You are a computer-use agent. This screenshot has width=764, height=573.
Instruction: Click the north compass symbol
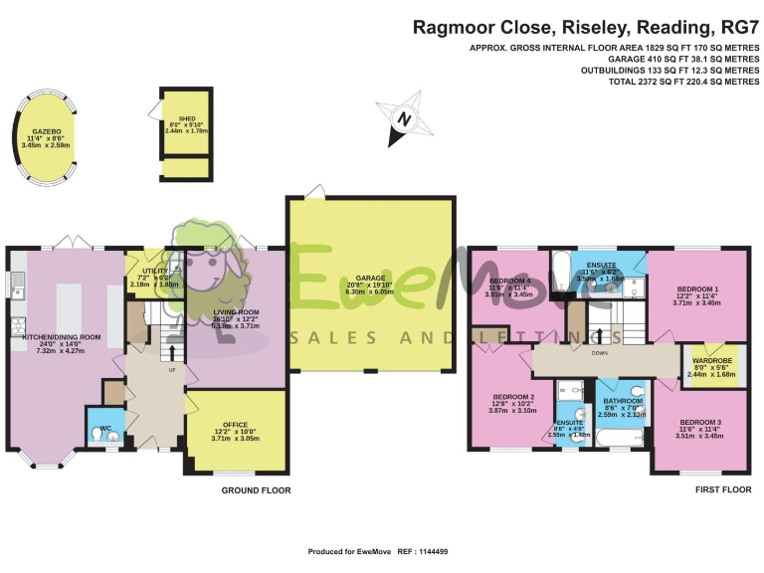403,118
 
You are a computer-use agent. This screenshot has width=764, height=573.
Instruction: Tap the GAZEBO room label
47,130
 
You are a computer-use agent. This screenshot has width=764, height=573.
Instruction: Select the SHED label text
186,117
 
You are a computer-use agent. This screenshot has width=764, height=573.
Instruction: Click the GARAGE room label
371,277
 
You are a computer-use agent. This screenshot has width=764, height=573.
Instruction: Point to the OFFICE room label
235,425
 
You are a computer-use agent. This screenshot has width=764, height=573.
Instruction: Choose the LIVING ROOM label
236,311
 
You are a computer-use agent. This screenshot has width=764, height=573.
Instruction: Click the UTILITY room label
154,270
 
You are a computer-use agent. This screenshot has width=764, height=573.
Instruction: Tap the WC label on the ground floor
104,429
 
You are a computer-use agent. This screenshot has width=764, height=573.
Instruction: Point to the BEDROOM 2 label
512,397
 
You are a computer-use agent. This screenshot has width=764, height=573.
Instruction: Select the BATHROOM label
623,401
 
